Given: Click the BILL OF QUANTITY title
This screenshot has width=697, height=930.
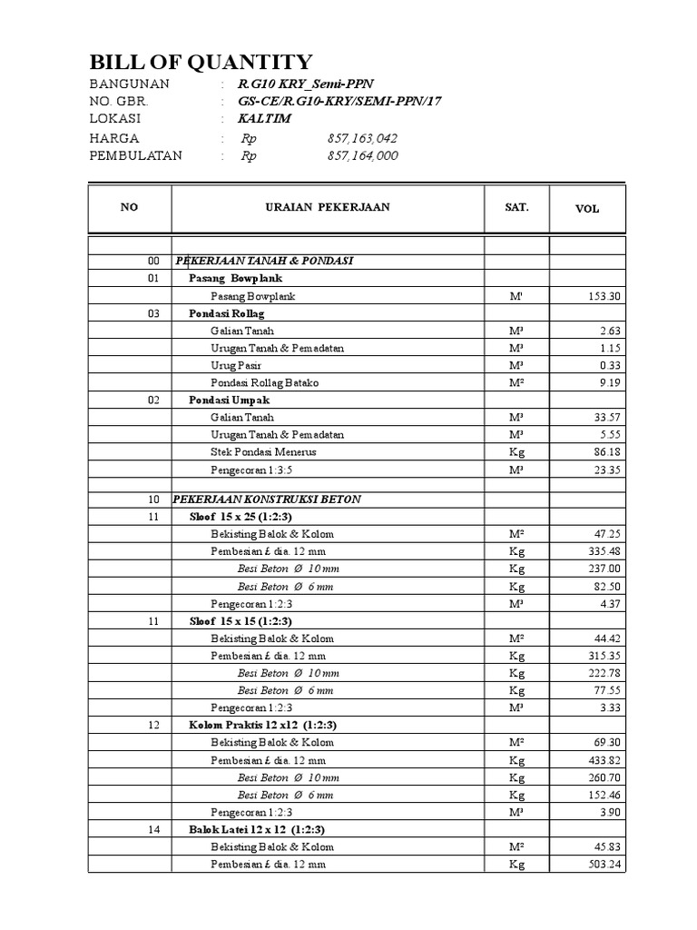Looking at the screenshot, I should coord(201,62).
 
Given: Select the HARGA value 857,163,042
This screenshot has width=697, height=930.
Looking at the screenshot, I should coord(362,139).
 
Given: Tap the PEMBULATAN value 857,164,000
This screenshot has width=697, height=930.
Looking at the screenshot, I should coord(362,156).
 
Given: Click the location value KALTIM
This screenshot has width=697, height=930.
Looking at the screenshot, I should coord(264,119).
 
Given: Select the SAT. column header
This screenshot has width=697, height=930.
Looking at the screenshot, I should coord(516,207).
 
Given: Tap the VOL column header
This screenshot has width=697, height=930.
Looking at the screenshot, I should coord(587,208).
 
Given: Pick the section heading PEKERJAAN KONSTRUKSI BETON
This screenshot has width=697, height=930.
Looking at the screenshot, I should coord(268,500).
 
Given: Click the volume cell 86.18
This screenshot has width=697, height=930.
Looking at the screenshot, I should coord(605,451).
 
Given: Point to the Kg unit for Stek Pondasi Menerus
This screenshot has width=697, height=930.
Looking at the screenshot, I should coord(516,451).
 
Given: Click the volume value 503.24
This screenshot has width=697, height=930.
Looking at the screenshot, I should coord(603,865).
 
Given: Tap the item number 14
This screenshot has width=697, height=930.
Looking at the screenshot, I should coord(153,829).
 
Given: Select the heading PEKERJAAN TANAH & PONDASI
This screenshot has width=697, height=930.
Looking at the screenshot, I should coord(264,261).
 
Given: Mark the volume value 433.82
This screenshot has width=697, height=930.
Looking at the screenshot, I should coord(603,760).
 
